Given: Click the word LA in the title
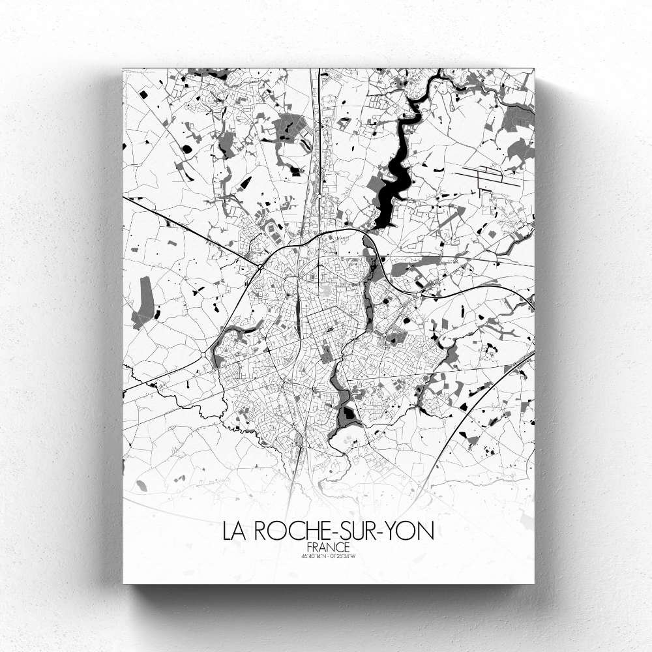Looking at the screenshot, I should point(234,531).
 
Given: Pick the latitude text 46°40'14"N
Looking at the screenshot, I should point(313,557).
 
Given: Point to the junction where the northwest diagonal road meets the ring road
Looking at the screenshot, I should point(259,267).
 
